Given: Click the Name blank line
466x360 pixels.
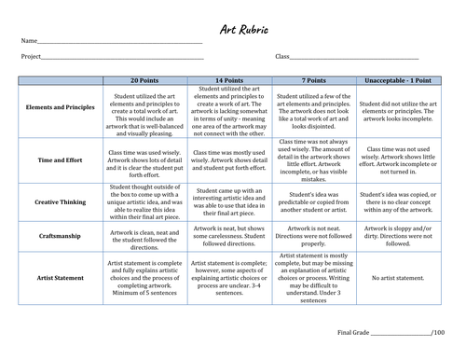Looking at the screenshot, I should tap(121, 42).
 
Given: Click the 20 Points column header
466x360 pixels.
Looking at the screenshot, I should tap(148, 81).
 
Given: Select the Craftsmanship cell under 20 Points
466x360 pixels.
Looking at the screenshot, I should tap(148, 237).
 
